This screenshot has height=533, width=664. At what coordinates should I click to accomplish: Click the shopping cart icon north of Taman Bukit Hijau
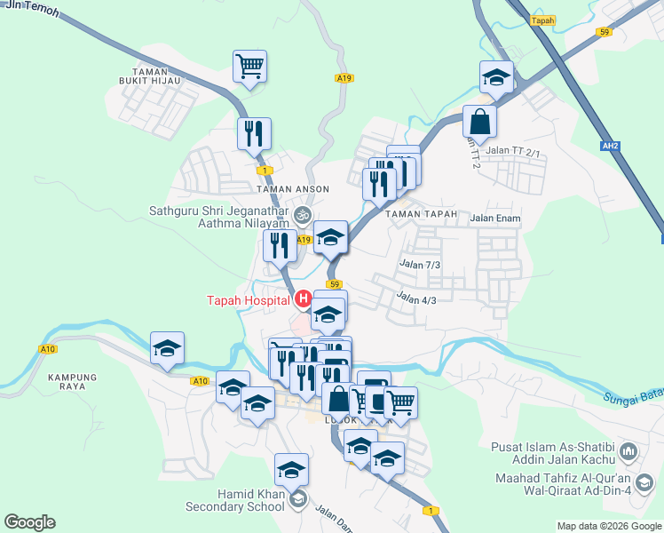coord(250,67)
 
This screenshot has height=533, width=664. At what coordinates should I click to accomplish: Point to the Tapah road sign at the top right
coord(541,19)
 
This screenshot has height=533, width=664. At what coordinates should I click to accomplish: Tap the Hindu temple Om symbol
coord(302,214)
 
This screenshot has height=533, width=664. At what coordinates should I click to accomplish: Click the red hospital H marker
coord(304,300)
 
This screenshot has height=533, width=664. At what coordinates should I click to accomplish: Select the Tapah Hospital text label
coord(247,300)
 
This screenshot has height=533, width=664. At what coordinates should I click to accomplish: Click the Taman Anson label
coord(292,189)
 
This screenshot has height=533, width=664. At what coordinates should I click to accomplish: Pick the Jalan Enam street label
coord(495,218)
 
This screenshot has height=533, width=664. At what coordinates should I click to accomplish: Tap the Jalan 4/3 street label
coord(416,298)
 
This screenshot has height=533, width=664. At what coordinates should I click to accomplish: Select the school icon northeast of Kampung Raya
coord(166,349)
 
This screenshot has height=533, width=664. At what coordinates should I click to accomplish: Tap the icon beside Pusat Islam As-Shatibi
coord(628,452)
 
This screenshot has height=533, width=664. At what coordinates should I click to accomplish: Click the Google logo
coord(29,522)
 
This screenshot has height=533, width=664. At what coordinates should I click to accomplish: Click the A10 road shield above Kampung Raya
coord(47,349)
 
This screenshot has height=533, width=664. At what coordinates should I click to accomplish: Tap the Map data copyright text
coord(609,526)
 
